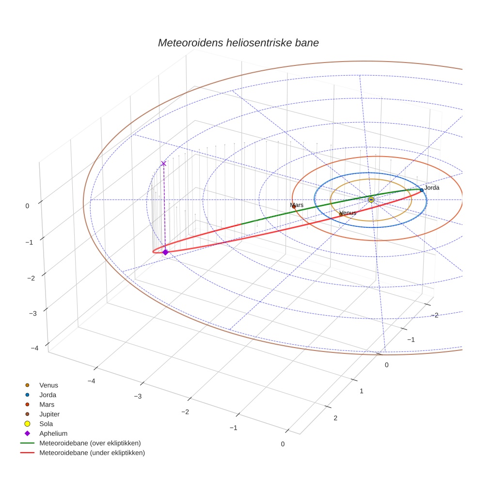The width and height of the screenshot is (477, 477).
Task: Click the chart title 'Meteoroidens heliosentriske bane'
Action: [238, 43]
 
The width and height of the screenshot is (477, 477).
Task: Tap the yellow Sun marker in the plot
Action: [371, 200]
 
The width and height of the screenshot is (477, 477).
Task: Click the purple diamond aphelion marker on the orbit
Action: [165, 252]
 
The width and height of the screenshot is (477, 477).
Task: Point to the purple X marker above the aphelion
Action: [163, 163]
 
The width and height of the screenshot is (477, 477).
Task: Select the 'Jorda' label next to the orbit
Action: [431, 188]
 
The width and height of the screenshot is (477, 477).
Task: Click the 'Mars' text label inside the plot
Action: [297, 205]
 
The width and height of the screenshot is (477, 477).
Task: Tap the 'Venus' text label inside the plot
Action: [348, 213]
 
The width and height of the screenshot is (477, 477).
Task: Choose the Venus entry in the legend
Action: [48, 385]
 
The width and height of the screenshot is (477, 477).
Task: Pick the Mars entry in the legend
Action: [47, 405]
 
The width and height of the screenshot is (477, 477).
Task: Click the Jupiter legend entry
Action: [49, 414]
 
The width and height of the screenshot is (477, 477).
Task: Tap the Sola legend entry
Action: [46, 424]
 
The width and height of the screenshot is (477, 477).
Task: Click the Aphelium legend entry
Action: [53, 434]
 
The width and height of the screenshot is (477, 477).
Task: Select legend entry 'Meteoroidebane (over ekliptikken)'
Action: [90, 443]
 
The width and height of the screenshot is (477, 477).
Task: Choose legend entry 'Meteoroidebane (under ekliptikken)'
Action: [92, 453]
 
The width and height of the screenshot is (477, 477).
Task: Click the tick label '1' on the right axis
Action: [361, 391]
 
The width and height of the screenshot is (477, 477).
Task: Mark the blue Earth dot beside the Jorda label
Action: [422, 191]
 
